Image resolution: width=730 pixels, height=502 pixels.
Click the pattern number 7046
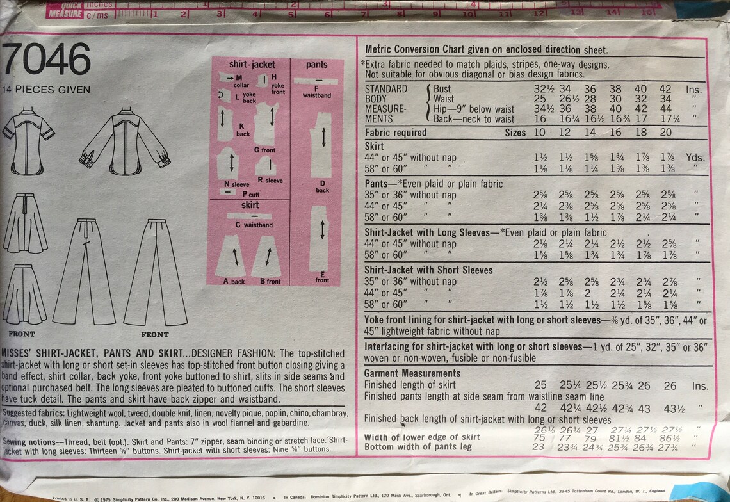(x=47, y=62)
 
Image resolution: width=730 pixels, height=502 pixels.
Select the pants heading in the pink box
(x=316, y=65)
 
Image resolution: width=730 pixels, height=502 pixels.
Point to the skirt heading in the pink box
(x=250, y=206)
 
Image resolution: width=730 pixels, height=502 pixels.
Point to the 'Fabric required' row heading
(x=395, y=133)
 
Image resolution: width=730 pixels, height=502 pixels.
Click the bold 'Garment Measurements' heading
(x=412, y=373)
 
